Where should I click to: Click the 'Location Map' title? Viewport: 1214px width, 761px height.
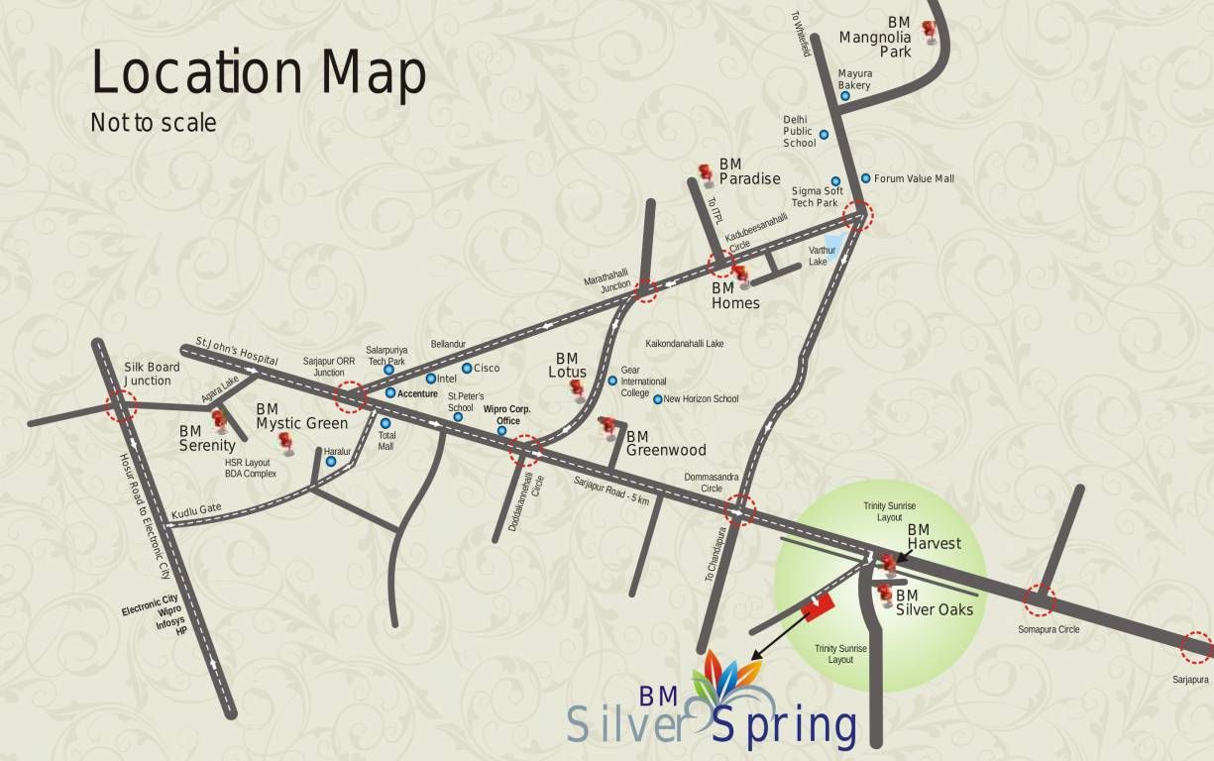click(259, 73)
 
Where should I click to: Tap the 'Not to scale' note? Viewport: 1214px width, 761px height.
click(153, 123)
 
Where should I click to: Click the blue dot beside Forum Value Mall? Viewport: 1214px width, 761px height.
click(865, 178)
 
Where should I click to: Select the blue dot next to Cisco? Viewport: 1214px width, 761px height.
click(467, 368)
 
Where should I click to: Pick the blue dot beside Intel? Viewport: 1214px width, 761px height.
click(430, 379)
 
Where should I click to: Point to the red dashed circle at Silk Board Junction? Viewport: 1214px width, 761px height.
click(122, 404)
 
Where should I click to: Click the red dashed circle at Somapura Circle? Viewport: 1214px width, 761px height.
click(1039, 598)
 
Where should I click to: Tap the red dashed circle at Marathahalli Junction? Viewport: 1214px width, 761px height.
click(645, 289)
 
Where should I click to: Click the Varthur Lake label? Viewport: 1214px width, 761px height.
click(823, 256)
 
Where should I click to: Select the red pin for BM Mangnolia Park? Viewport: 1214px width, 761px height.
click(929, 32)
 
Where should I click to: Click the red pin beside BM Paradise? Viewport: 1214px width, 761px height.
click(706, 175)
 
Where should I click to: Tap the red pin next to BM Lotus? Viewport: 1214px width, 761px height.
click(577, 391)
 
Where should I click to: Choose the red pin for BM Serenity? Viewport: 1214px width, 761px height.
click(220, 421)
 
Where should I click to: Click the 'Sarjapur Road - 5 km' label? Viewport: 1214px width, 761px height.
click(611, 490)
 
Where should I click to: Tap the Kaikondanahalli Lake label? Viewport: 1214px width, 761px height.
click(685, 344)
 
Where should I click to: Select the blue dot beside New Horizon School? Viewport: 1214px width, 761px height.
click(657, 399)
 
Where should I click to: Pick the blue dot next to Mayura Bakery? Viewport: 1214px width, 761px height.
click(845, 96)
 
